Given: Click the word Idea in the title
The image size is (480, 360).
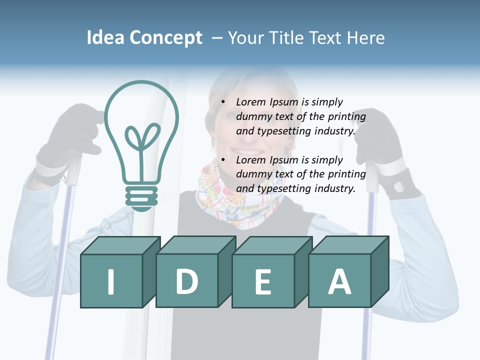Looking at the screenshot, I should (105, 38).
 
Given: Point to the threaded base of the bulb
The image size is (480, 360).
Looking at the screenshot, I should (142, 197).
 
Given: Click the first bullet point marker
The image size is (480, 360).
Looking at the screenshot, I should (223, 102).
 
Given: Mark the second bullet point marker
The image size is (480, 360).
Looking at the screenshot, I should (223, 160).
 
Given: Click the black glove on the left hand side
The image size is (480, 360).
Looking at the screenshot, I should (75, 135).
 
